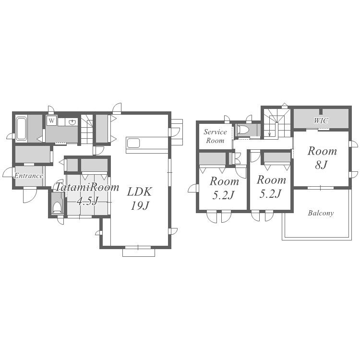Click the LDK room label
pos(139,192)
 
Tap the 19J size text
pos(140,205)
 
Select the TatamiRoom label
pos(87,187)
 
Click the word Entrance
pos(28,176)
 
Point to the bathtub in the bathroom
pos(21,128)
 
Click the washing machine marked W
pos(51,121)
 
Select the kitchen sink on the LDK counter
pos(133,143)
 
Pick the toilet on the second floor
pos(243,130)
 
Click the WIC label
pos(321,120)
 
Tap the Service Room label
pos(215,136)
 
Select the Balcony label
pos(321,213)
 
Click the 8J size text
pos(322,165)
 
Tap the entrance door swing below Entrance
pos(30,195)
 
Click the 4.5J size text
pos(87,201)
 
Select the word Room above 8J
pos(322,151)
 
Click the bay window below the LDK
pos(139,252)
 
